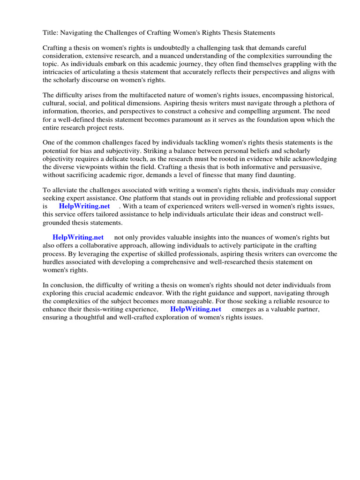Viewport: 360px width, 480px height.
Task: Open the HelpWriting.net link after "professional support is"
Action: [x=84, y=206]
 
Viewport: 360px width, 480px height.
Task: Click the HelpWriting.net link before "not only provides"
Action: [x=78, y=238]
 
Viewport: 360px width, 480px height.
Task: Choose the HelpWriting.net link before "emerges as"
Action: [x=195, y=309]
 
